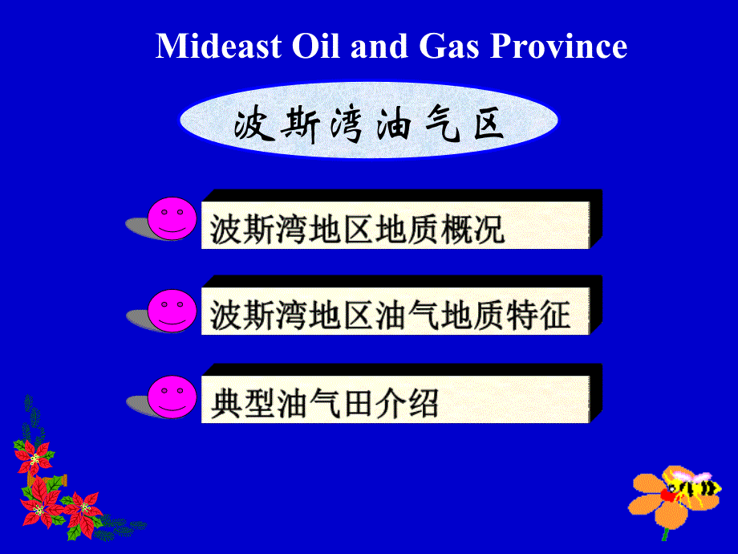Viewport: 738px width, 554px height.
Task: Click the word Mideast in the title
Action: point(218,47)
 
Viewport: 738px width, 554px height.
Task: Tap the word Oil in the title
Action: point(315,47)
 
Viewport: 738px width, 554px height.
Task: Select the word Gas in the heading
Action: point(448,47)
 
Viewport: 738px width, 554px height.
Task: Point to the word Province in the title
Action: point(558,47)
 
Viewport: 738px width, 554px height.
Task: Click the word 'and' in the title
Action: point(379,47)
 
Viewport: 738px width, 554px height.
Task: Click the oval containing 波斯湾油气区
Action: point(369,120)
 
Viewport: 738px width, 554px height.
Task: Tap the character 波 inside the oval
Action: point(254,124)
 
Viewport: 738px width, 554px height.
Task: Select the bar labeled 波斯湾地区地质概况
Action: point(401,219)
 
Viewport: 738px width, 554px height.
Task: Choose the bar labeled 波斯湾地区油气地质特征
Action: point(401,305)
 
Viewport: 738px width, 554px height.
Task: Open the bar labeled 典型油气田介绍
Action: point(401,393)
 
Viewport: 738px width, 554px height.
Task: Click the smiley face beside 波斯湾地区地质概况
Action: point(172,218)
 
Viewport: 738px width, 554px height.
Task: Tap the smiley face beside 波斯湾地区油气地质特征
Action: point(172,311)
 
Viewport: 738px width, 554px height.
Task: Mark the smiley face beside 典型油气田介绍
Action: point(172,397)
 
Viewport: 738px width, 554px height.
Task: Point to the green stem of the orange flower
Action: point(666,534)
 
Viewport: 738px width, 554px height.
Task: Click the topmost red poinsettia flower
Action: point(34,457)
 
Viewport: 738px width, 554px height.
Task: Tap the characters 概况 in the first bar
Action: point(473,230)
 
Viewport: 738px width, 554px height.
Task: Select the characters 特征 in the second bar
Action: point(538,316)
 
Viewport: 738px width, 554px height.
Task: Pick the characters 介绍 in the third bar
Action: point(408,403)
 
